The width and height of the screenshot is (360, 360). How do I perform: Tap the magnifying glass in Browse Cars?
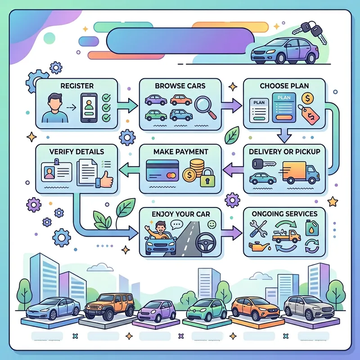pyautogui.click(x=204, y=107)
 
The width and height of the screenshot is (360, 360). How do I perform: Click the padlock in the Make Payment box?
pyautogui.click(x=207, y=179)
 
